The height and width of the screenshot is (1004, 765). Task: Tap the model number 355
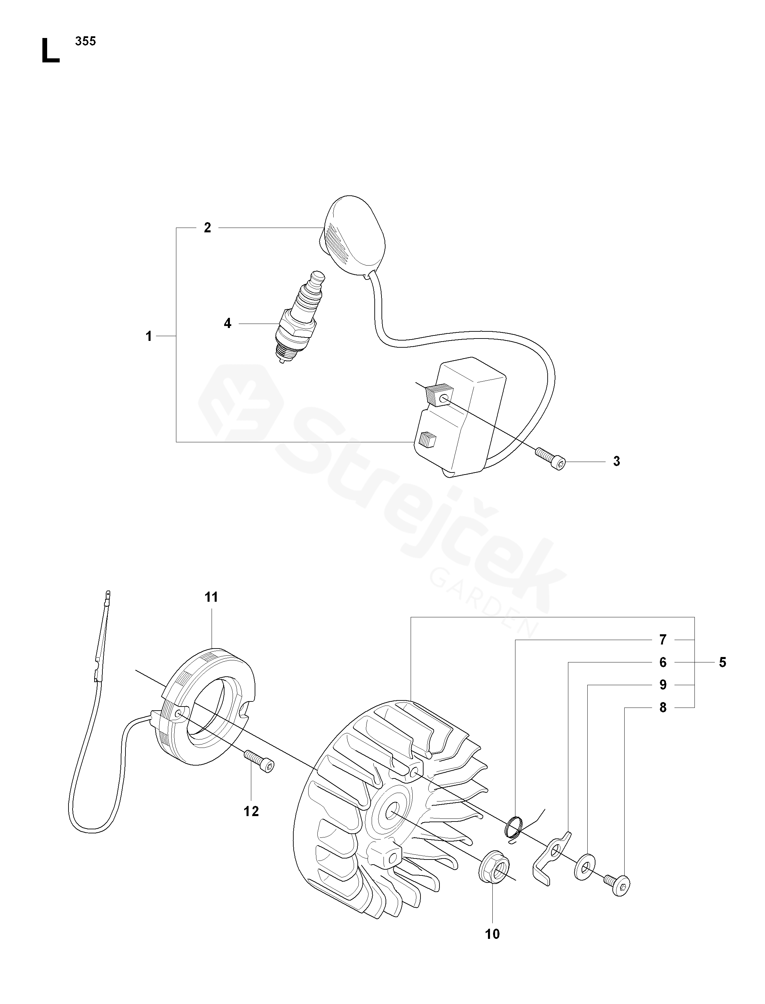pos(85,41)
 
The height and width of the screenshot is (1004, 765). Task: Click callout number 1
pos(149,336)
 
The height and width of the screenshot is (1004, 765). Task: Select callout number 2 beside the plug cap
pos(208,228)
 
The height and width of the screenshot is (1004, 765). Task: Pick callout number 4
pos(228,324)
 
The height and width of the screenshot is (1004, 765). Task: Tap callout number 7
pos(663,640)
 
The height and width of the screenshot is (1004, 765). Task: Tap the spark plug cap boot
pos(353,237)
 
